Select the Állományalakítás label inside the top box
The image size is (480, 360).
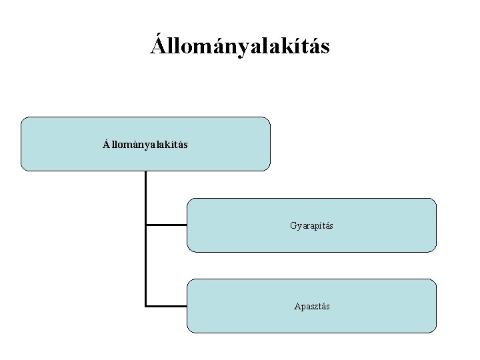click(x=145, y=144)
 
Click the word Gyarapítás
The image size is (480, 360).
click(x=311, y=225)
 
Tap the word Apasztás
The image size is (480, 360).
click(x=311, y=306)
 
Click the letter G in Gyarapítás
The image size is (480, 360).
click(x=293, y=225)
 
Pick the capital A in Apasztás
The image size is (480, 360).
click(x=297, y=306)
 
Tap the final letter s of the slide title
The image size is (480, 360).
click(x=325, y=48)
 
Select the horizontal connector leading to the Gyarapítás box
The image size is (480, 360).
click(x=167, y=225)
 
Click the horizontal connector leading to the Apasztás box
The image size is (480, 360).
click(x=167, y=306)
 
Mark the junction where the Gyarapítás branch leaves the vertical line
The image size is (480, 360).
click(x=146, y=225)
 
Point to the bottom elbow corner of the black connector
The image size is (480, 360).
click(x=146, y=306)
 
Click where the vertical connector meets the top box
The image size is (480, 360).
click(x=145, y=172)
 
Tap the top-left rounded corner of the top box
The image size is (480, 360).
click(x=23, y=120)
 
